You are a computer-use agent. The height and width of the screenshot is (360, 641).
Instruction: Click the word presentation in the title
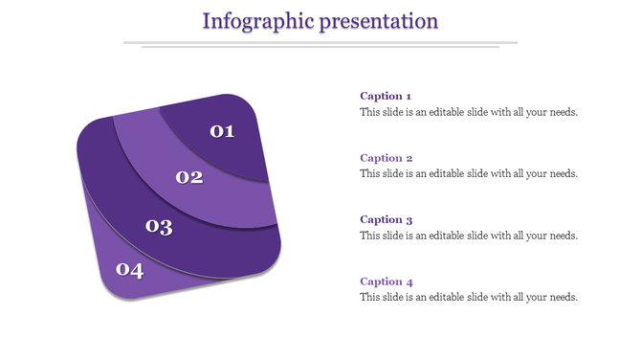(x=381, y=20)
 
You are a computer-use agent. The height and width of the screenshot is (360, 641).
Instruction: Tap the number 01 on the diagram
(x=222, y=131)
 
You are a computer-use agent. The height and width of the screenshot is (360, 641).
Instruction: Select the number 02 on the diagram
(x=189, y=177)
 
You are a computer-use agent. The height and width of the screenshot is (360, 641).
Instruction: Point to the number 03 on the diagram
(x=159, y=227)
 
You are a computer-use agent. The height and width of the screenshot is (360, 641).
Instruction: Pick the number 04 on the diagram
(x=129, y=270)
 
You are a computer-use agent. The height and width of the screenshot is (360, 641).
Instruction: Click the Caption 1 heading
(x=386, y=96)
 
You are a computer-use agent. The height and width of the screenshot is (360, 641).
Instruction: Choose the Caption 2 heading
(x=386, y=158)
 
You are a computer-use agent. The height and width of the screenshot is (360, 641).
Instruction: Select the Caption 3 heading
(x=386, y=219)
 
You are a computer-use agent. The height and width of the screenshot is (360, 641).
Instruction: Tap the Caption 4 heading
(x=386, y=281)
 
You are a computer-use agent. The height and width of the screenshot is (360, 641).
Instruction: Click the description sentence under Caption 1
(x=469, y=112)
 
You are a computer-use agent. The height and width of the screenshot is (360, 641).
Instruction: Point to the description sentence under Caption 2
(x=469, y=174)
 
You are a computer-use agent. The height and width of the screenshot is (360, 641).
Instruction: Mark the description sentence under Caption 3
(x=469, y=236)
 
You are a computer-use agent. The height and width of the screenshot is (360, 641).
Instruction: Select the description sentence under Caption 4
(x=469, y=298)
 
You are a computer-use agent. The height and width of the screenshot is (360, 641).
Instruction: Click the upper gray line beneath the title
(x=320, y=42)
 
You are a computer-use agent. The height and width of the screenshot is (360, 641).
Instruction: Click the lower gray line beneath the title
(x=320, y=47)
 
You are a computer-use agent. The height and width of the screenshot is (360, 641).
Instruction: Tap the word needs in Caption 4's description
(x=563, y=298)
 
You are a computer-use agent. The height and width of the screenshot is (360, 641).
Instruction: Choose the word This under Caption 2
(x=369, y=174)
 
